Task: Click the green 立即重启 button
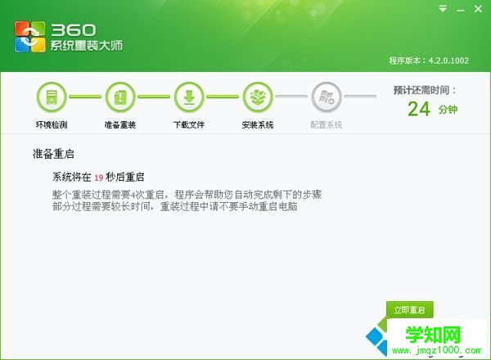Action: click(x=410, y=310)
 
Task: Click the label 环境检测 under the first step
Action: click(x=51, y=125)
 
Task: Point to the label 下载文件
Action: click(x=188, y=125)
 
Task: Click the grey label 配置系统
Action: click(x=327, y=125)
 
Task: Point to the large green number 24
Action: click(x=418, y=109)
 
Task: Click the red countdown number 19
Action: click(x=98, y=177)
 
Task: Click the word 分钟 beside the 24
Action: click(x=448, y=110)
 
